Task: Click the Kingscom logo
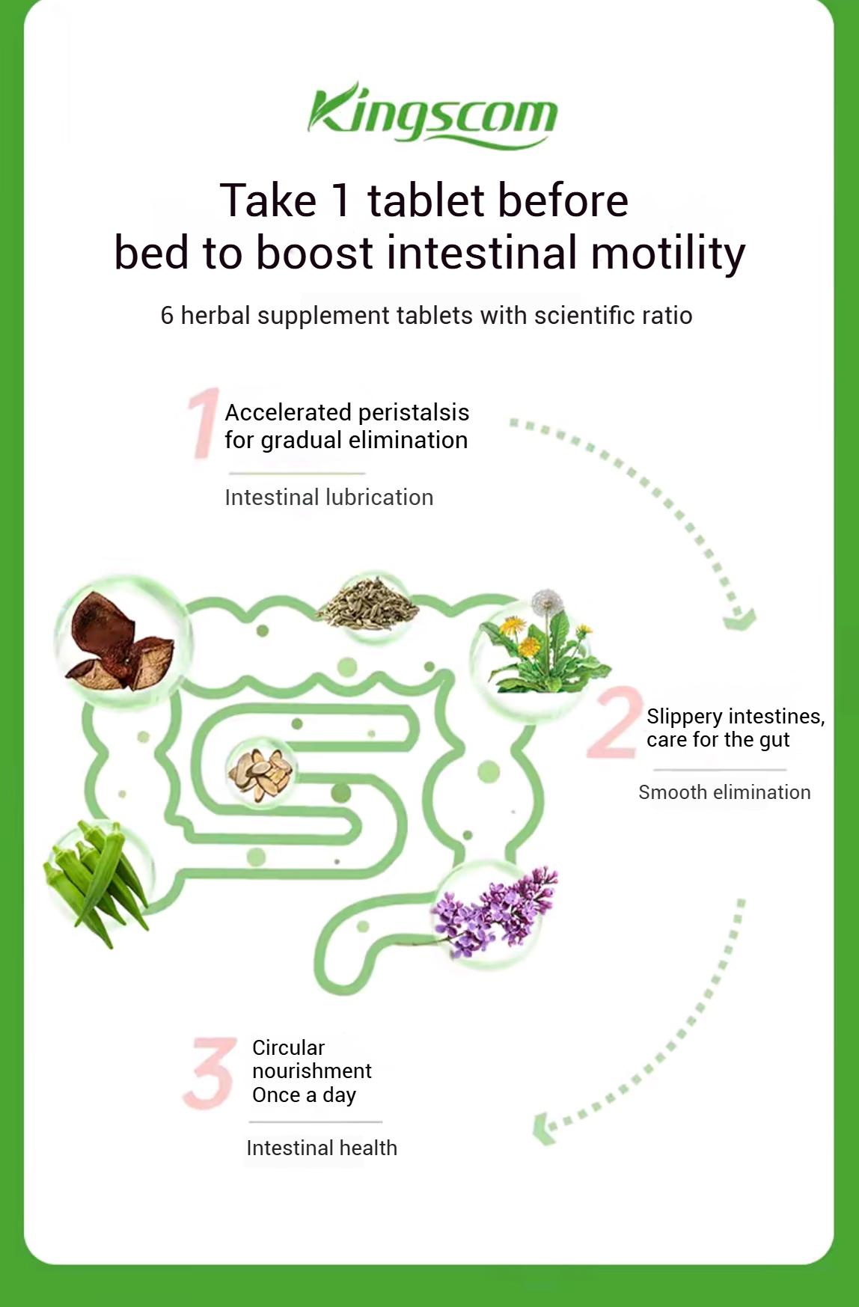pyautogui.click(x=432, y=115)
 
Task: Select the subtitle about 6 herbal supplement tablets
pyautogui.click(x=427, y=316)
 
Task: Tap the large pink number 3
pyautogui.click(x=210, y=1071)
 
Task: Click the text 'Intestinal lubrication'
pyautogui.click(x=329, y=498)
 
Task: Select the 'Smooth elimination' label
pyautogui.click(x=724, y=792)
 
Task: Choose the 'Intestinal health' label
pyautogui.click(x=322, y=1148)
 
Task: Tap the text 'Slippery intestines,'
pyautogui.click(x=736, y=717)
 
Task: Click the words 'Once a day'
pyautogui.click(x=304, y=1095)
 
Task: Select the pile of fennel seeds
pyautogui.click(x=367, y=604)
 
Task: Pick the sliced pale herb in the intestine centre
pyautogui.click(x=260, y=772)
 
